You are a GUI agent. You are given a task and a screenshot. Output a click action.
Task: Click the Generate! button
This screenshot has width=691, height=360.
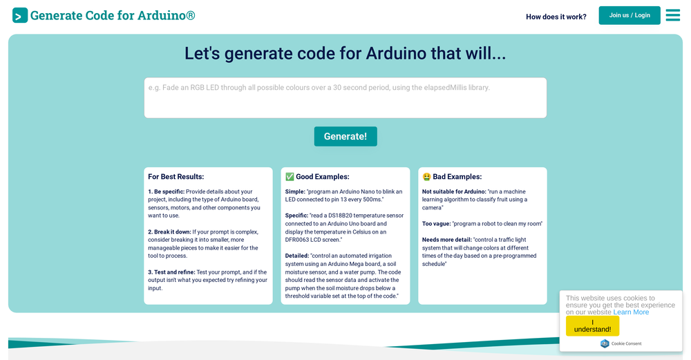(345, 136)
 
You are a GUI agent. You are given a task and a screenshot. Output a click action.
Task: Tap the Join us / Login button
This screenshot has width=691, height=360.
(630, 15)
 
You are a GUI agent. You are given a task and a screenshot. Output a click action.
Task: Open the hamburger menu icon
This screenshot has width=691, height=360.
(672, 15)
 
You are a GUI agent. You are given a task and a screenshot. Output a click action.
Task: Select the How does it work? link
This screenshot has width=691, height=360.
(556, 17)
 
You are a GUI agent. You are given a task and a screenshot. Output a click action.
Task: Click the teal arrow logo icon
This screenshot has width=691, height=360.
(20, 15)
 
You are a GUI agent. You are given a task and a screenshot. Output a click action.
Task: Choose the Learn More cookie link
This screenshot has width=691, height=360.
(631, 312)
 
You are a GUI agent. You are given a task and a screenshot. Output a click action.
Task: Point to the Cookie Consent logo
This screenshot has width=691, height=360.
(605, 343)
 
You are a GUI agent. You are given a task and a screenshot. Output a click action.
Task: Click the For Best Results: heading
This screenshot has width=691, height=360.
(176, 177)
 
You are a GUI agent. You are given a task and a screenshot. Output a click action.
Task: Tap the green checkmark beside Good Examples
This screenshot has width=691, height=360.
(290, 177)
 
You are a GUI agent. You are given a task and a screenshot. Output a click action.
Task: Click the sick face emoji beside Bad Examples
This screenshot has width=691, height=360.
(426, 177)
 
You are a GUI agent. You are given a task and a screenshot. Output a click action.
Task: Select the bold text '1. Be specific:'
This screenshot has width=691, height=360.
(166, 192)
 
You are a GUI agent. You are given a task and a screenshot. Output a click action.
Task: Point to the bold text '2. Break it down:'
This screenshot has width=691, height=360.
(169, 232)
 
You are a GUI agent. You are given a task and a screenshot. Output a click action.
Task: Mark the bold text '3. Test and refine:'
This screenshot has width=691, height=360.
(171, 272)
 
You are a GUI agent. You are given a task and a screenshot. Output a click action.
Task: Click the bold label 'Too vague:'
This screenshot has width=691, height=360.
(436, 224)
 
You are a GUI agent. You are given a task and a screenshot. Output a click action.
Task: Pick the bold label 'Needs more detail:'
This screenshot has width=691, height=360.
(446, 240)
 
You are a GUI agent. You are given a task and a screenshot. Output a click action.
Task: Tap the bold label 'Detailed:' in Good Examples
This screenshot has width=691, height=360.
(296, 256)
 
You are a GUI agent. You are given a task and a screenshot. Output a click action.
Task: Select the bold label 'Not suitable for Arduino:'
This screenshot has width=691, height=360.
(454, 192)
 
